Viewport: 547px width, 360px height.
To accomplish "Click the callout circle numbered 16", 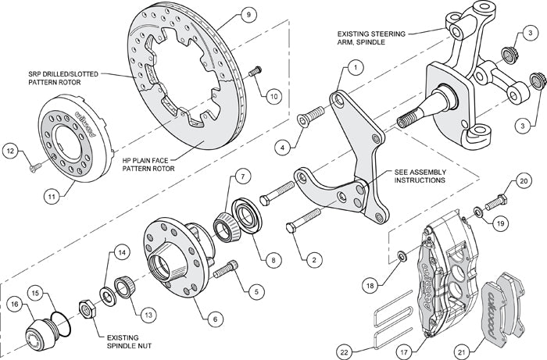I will pos(13,304).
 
